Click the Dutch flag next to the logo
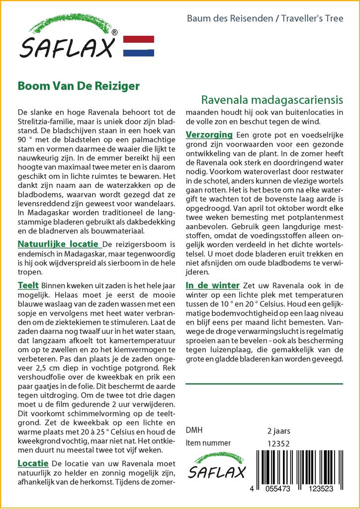coord(138,46)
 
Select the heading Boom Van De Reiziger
coord(79,85)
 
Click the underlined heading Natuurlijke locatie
coord(59,245)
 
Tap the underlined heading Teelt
coord(28,286)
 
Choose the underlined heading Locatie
coord(33,463)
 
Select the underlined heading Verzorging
coord(209,135)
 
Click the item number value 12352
coord(278,443)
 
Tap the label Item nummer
coord(208,443)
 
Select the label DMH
coord(194,430)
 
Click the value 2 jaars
coord(278,430)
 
